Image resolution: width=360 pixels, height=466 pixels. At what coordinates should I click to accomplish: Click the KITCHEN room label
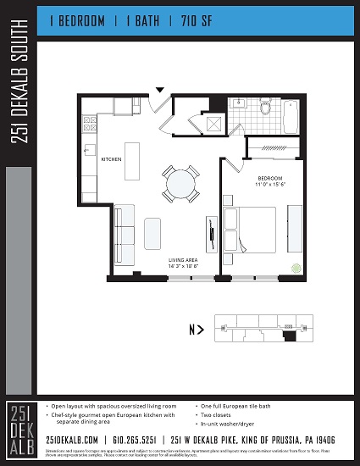pos(112,159)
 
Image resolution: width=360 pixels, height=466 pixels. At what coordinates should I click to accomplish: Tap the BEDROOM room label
pos(271,180)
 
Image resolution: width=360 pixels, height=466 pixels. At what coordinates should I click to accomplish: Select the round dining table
pos(180,183)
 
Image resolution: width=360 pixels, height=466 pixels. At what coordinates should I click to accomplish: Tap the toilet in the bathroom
pos(265,108)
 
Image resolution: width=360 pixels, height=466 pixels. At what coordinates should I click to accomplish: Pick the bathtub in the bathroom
pos(291,115)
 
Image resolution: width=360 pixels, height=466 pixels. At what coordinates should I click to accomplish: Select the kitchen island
pos(130,159)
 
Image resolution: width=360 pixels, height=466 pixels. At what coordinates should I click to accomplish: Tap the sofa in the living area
pos(125,228)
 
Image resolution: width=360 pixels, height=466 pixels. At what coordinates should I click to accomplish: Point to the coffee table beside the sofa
pos(152,230)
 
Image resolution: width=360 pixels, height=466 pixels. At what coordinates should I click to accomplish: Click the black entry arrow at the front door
pos(160,88)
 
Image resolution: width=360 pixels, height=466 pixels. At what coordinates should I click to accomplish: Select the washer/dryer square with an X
pos(214,124)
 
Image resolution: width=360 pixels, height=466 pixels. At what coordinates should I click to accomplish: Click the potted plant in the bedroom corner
pos(296,268)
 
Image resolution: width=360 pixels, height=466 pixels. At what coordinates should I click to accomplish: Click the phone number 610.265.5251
pos(132,440)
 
